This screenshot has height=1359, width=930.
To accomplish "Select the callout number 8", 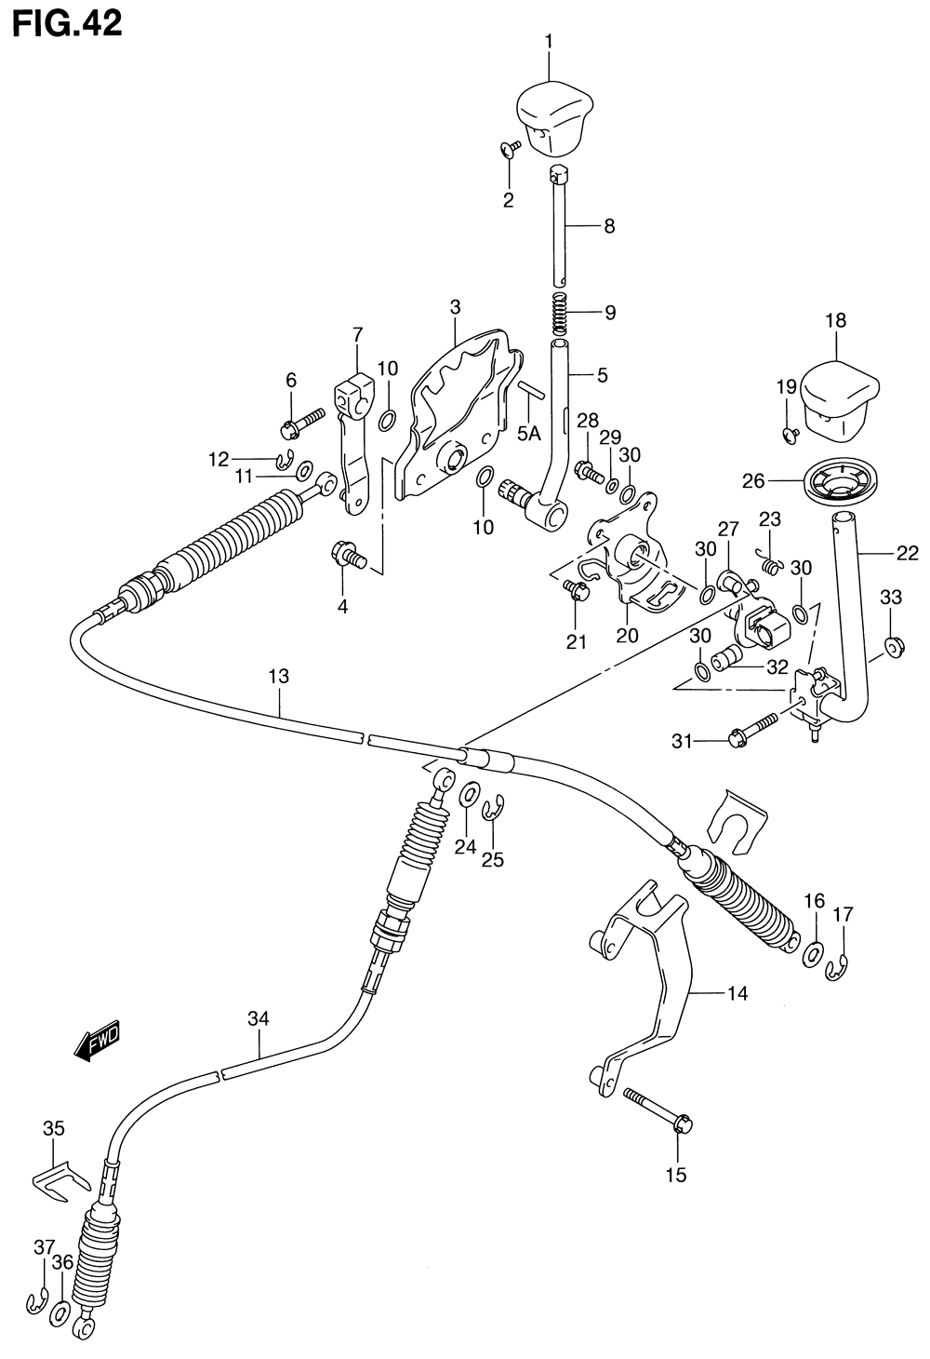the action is click(609, 226).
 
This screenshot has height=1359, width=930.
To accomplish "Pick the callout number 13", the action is click(280, 677).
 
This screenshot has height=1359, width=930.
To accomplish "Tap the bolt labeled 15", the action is click(658, 1110).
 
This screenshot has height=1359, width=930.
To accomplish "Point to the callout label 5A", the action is click(528, 434).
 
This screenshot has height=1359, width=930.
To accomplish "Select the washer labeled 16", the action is click(813, 954).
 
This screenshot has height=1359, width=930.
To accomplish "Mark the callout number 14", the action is click(737, 994).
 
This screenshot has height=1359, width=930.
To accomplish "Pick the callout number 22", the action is click(907, 553).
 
